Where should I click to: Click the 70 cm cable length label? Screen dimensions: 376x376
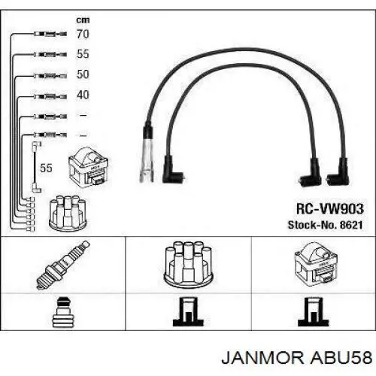(83, 34)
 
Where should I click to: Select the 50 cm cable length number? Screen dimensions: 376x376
(83, 74)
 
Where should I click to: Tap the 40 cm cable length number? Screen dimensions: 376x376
(83, 95)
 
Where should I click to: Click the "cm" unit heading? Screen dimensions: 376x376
(83, 20)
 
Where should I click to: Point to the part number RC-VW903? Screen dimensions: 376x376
(330, 209)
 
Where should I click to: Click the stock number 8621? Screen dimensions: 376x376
(351, 225)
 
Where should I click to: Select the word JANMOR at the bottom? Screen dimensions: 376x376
(262, 358)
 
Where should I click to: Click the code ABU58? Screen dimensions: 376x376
(341, 358)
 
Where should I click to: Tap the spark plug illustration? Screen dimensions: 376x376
(63, 265)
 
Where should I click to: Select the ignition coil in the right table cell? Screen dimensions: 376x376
(316, 264)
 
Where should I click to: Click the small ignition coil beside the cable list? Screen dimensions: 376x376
(89, 168)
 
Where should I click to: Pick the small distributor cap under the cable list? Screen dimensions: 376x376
(68, 214)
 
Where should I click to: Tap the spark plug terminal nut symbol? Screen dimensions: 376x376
(62, 312)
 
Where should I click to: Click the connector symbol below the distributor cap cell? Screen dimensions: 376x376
(188, 312)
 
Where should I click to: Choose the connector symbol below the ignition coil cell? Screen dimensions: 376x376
(313, 312)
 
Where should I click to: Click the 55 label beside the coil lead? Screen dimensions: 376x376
(46, 168)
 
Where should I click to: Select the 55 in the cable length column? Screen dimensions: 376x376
(83, 54)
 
